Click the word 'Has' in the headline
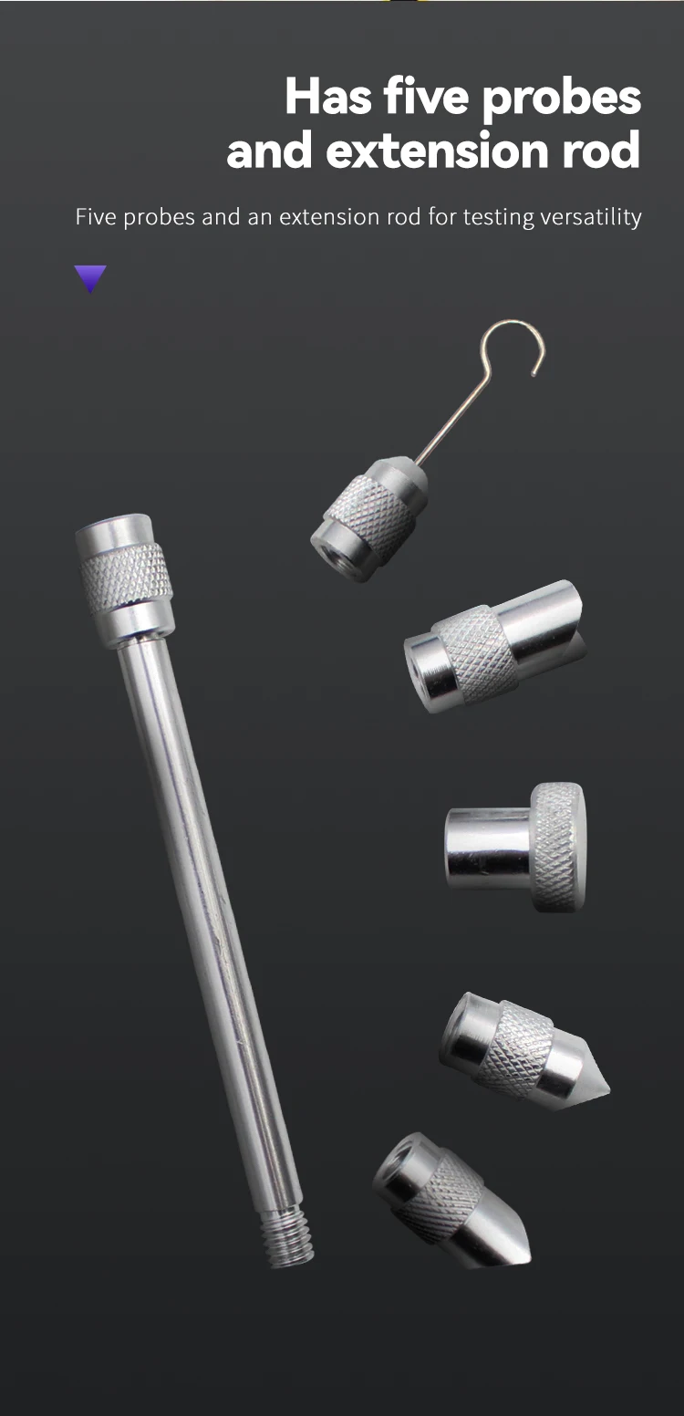[328, 97]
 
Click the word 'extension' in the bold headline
[437, 151]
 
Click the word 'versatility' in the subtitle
[591, 217]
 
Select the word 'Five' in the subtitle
[96, 217]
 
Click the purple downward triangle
[89, 277]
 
